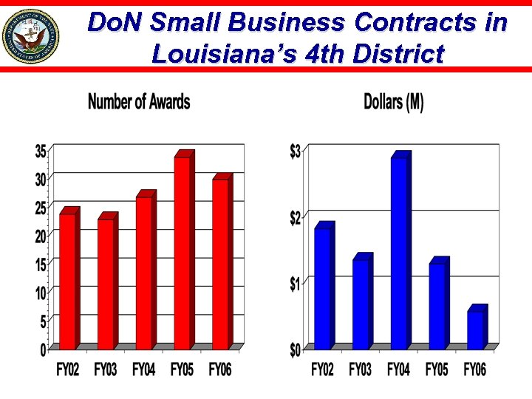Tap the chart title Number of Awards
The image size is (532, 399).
click(139, 102)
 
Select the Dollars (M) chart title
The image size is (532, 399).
click(394, 102)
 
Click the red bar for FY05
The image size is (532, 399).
click(182, 251)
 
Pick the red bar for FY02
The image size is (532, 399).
click(67, 281)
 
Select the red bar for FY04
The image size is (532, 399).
click(144, 272)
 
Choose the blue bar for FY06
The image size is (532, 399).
click(476, 330)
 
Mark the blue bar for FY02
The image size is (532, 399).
click(323, 288)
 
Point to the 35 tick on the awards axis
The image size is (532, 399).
click(41, 151)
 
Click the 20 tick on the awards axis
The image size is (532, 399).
click(41, 235)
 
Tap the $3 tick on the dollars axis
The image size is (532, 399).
click(295, 151)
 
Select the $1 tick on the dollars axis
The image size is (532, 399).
click(295, 283)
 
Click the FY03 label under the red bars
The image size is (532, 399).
click(106, 369)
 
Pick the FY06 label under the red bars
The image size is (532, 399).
click(220, 369)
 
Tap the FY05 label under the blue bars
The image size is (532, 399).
click(437, 369)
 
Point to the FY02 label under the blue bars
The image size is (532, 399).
click(322, 369)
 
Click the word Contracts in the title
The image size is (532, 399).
click(414, 23)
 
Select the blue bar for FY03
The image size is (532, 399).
click(361, 304)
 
